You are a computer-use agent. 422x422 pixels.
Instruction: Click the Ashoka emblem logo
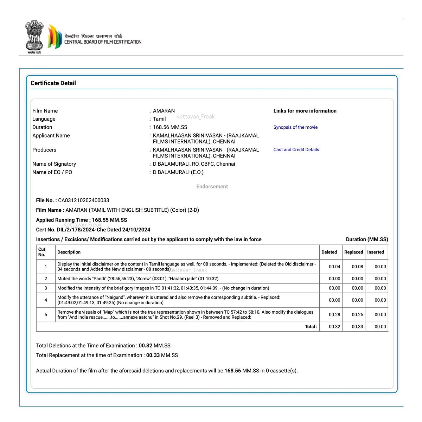[x=34, y=36]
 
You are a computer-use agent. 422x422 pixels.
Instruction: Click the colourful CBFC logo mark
[x=55, y=37]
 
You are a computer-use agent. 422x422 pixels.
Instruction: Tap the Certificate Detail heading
[x=53, y=83]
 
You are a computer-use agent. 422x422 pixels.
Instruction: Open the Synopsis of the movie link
[x=295, y=127]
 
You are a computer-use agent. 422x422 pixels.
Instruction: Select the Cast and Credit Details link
[x=296, y=150]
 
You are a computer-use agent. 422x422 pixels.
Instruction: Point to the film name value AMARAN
[x=164, y=111]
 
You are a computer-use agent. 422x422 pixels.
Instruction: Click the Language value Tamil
[x=159, y=119]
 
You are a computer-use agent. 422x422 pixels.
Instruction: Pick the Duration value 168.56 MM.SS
[x=170, y=127]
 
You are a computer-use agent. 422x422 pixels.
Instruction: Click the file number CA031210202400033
[x=84, y=200]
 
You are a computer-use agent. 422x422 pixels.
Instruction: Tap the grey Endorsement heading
[x=212, y=187]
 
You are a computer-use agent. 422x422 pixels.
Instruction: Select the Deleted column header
[x=329, y=252]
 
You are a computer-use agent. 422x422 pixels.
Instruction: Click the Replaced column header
[x=354, y=252]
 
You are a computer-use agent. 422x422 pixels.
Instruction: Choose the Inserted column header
[x=376, y=252]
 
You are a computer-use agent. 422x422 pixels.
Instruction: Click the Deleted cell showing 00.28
[x=334, y=315]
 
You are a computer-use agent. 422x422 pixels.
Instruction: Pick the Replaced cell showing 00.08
[x=357, y=267]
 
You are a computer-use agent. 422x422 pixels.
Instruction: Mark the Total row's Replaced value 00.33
[x=357, y=327]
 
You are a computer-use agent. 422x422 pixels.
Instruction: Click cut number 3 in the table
[x=46, y=288]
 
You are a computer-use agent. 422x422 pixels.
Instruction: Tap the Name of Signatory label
[x=54, y=164]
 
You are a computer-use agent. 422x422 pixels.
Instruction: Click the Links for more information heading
[x=305, y=111]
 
